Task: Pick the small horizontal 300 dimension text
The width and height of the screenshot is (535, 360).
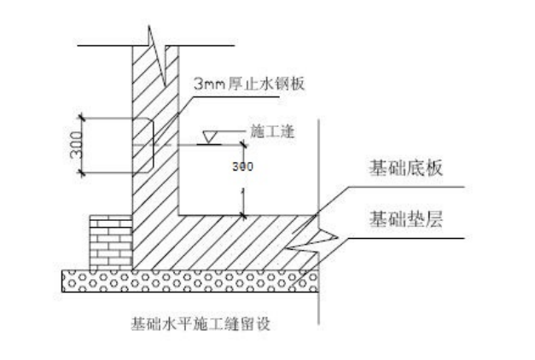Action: point(242,166)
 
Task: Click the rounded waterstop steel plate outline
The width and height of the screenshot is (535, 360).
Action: point(145,144)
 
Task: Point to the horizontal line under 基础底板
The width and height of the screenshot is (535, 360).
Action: point(401,187)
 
